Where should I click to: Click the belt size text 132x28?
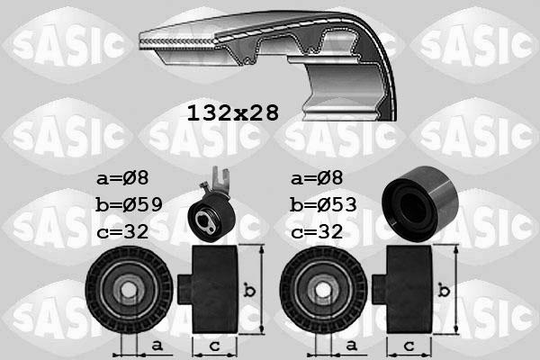[x=233, y=113]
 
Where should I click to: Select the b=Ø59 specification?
[x=129, y=204]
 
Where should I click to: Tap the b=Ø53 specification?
[x=324, y=204]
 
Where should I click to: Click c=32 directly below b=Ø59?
[x=123, y=232]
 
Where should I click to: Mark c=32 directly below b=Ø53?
[x=319, y=232]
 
